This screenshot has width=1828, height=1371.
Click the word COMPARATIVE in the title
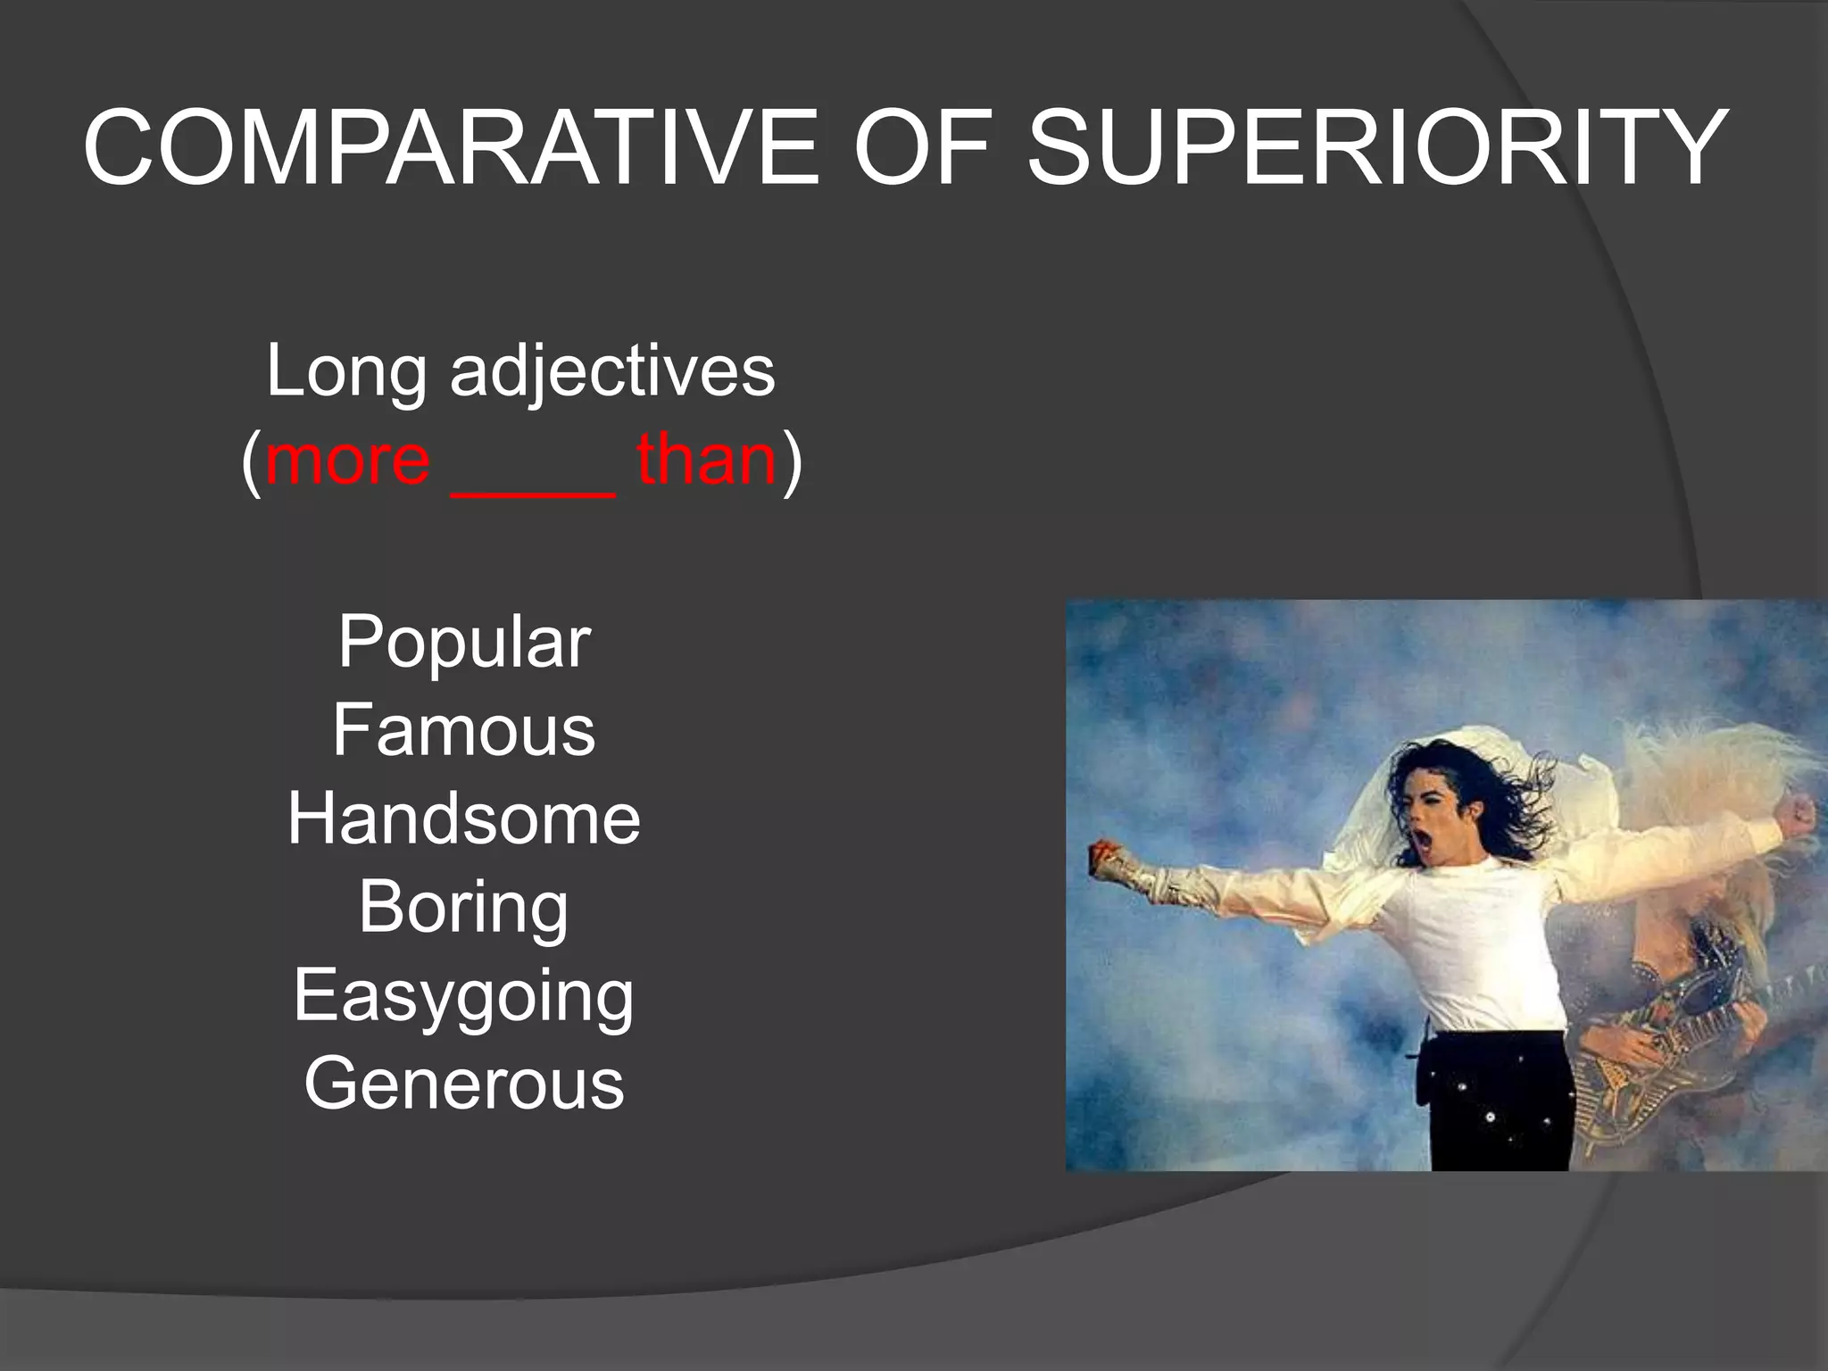[x=451, y=147]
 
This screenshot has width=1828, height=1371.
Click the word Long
[x=346, y=370]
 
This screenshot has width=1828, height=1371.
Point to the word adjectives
[x=612, y=372]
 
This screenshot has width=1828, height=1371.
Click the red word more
[x=348, y=461]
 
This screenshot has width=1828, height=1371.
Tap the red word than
[x=707, y=461]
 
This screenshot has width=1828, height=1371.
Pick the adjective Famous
[x=464, y=730]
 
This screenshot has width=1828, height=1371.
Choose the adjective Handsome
[x=464, y=818]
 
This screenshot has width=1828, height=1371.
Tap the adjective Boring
[x=464, y=908]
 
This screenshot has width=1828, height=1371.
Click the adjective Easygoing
[x=464, y=996]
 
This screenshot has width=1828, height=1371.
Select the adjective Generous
[x=464, y=1084]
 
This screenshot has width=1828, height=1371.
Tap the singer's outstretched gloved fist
[x=1107, y=859]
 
